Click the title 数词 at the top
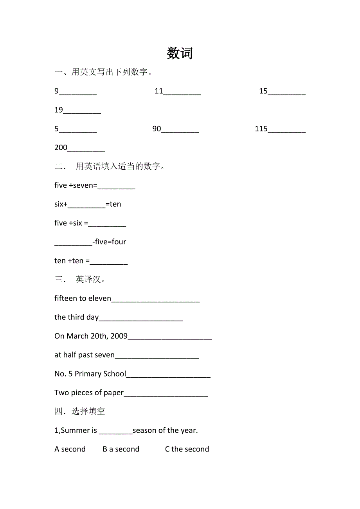pos(180,53)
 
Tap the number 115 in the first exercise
pos(261,129)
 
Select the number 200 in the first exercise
pos(61,148)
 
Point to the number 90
pos(157,129)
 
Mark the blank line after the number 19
pos(82,111)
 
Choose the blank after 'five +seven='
pos(116,186)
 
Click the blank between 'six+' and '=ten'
pos(86,205)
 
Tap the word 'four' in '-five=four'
pos(119,242)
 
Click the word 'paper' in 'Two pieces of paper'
pos(113,393)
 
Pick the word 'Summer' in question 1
pos(76,430)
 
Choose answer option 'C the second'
pos(187,449)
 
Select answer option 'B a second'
pos(121,449)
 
